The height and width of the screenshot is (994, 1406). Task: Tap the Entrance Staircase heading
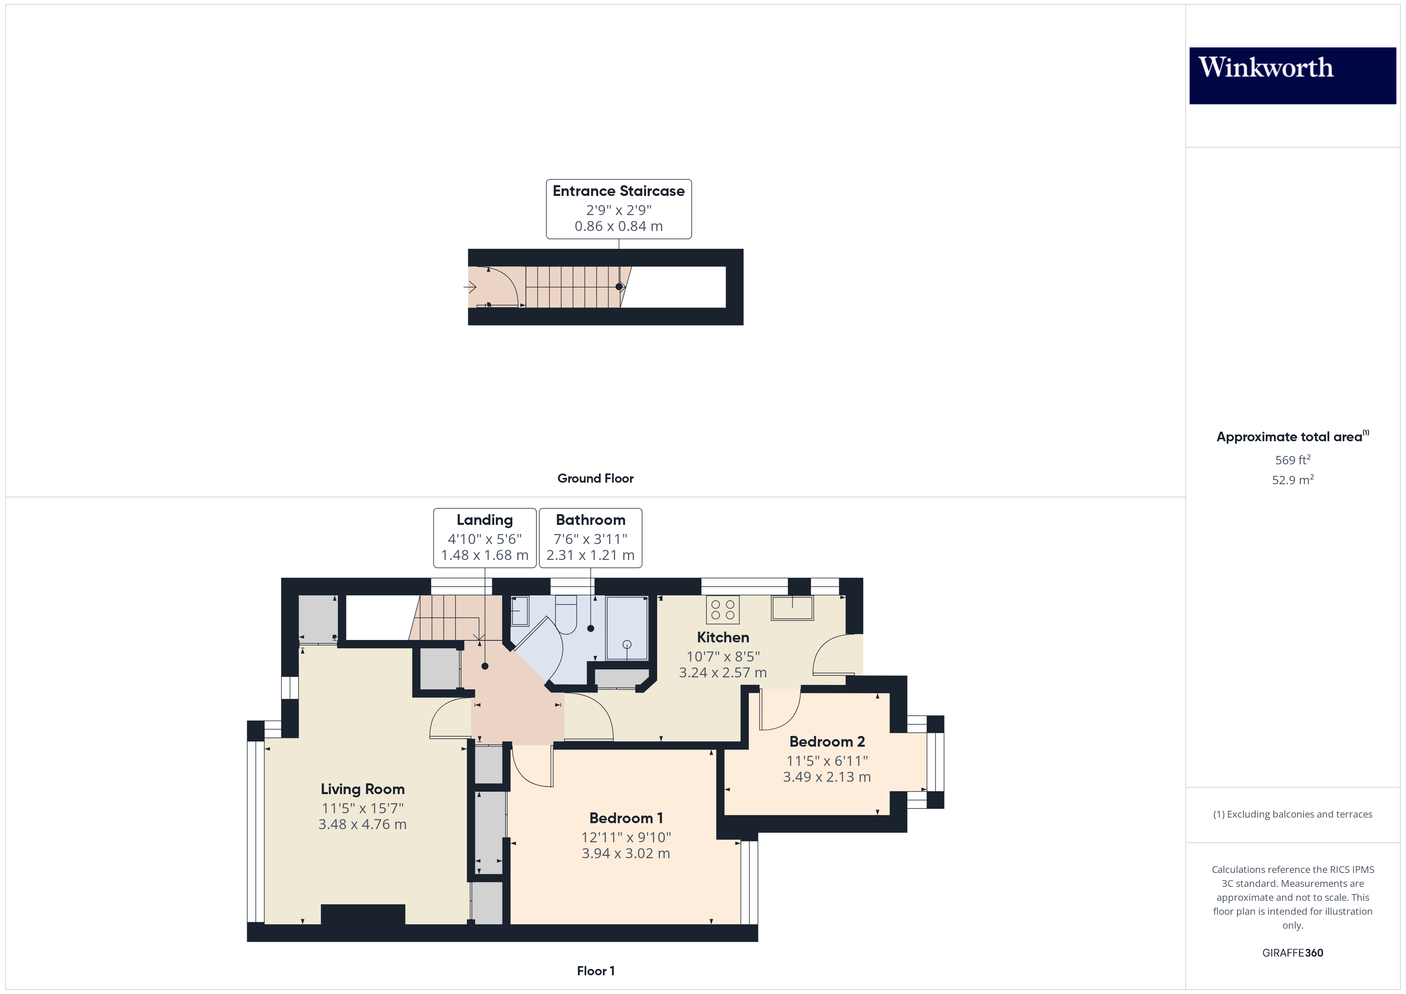(619, 191)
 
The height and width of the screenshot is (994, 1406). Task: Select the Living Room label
(363, 789)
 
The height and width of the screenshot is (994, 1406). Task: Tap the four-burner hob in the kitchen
(723, 610)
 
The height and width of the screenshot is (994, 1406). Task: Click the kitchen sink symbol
(792, 608)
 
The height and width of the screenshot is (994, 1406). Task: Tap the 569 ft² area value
(1293, 460)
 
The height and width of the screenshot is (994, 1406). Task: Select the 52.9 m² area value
(1293, 480)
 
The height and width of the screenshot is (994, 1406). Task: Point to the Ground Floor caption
(595, 479)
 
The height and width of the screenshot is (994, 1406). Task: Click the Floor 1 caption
(595, 971)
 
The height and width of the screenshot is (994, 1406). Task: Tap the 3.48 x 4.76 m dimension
(363, 824)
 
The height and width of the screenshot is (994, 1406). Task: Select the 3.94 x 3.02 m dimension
(626, 853)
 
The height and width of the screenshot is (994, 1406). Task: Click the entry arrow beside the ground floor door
(470, 286)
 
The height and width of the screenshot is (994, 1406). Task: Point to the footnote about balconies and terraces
(1293, 814)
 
